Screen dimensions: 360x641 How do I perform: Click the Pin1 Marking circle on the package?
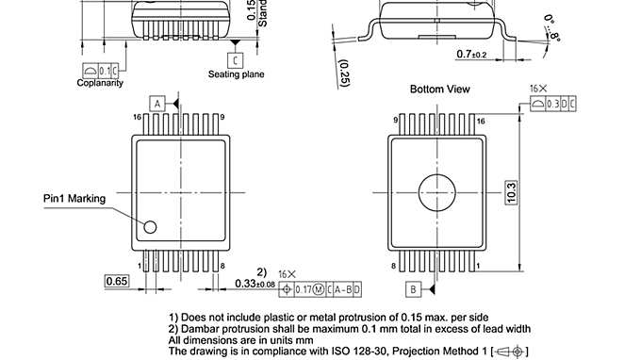tap(149, 226)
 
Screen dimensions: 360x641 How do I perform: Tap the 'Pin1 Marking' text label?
tap(74, 199)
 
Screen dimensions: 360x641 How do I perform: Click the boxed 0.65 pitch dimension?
tap(117, 281)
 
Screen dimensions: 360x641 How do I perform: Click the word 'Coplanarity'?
tap(100, 83)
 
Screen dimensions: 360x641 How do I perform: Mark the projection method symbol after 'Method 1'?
tap(515, 351)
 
